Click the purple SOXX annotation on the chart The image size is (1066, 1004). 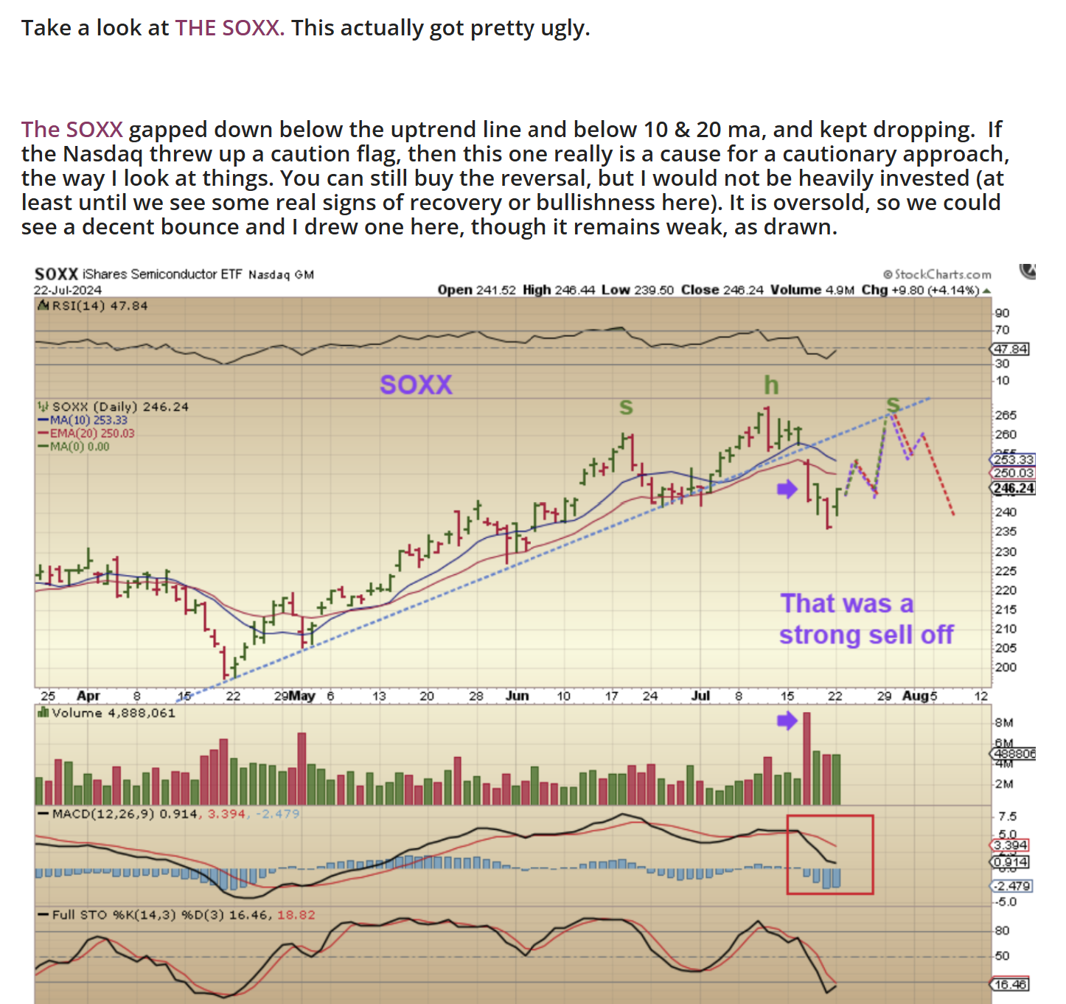coord(416,385)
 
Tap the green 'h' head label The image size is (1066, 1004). coord(770,385)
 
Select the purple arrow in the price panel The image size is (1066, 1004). coord(787,489)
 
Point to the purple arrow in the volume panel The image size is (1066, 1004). coord(787,720)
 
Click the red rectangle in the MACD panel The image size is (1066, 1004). coord(830,854)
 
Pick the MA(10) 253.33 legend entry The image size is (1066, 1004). coord(88,420)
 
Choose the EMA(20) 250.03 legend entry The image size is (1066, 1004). coord(91,433)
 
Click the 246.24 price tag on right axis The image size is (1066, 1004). coord(1013,488)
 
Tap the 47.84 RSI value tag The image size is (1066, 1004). coord(1011,349)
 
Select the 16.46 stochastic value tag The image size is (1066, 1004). coord(1010,984)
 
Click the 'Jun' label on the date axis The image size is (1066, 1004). coord(518,696)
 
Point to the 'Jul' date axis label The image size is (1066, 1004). coord(701,696)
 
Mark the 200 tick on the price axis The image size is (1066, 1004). coord(1006,667)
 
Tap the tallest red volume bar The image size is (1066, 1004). coord(807,758)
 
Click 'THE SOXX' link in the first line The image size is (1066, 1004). coord(229,28)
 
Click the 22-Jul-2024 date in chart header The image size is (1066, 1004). coord(68,290)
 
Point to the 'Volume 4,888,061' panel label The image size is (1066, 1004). coord(113,713)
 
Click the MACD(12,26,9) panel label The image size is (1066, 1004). coord(104,814)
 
